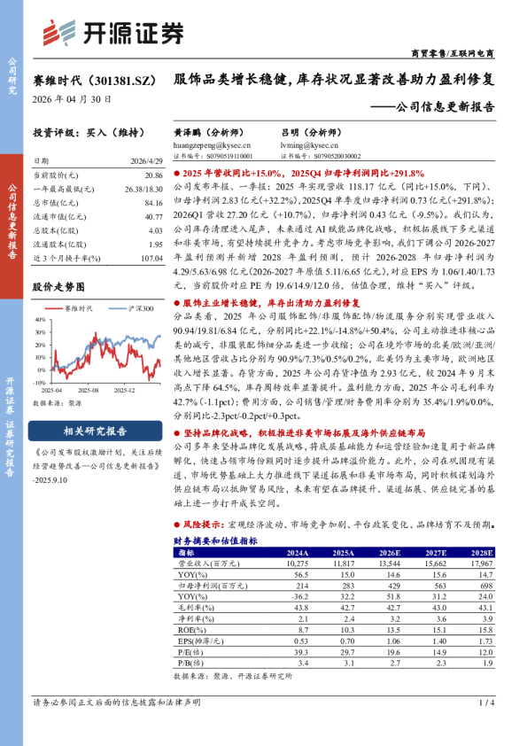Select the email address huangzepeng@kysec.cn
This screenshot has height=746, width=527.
pos(213,143)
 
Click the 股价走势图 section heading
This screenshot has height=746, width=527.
pos(58,287)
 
